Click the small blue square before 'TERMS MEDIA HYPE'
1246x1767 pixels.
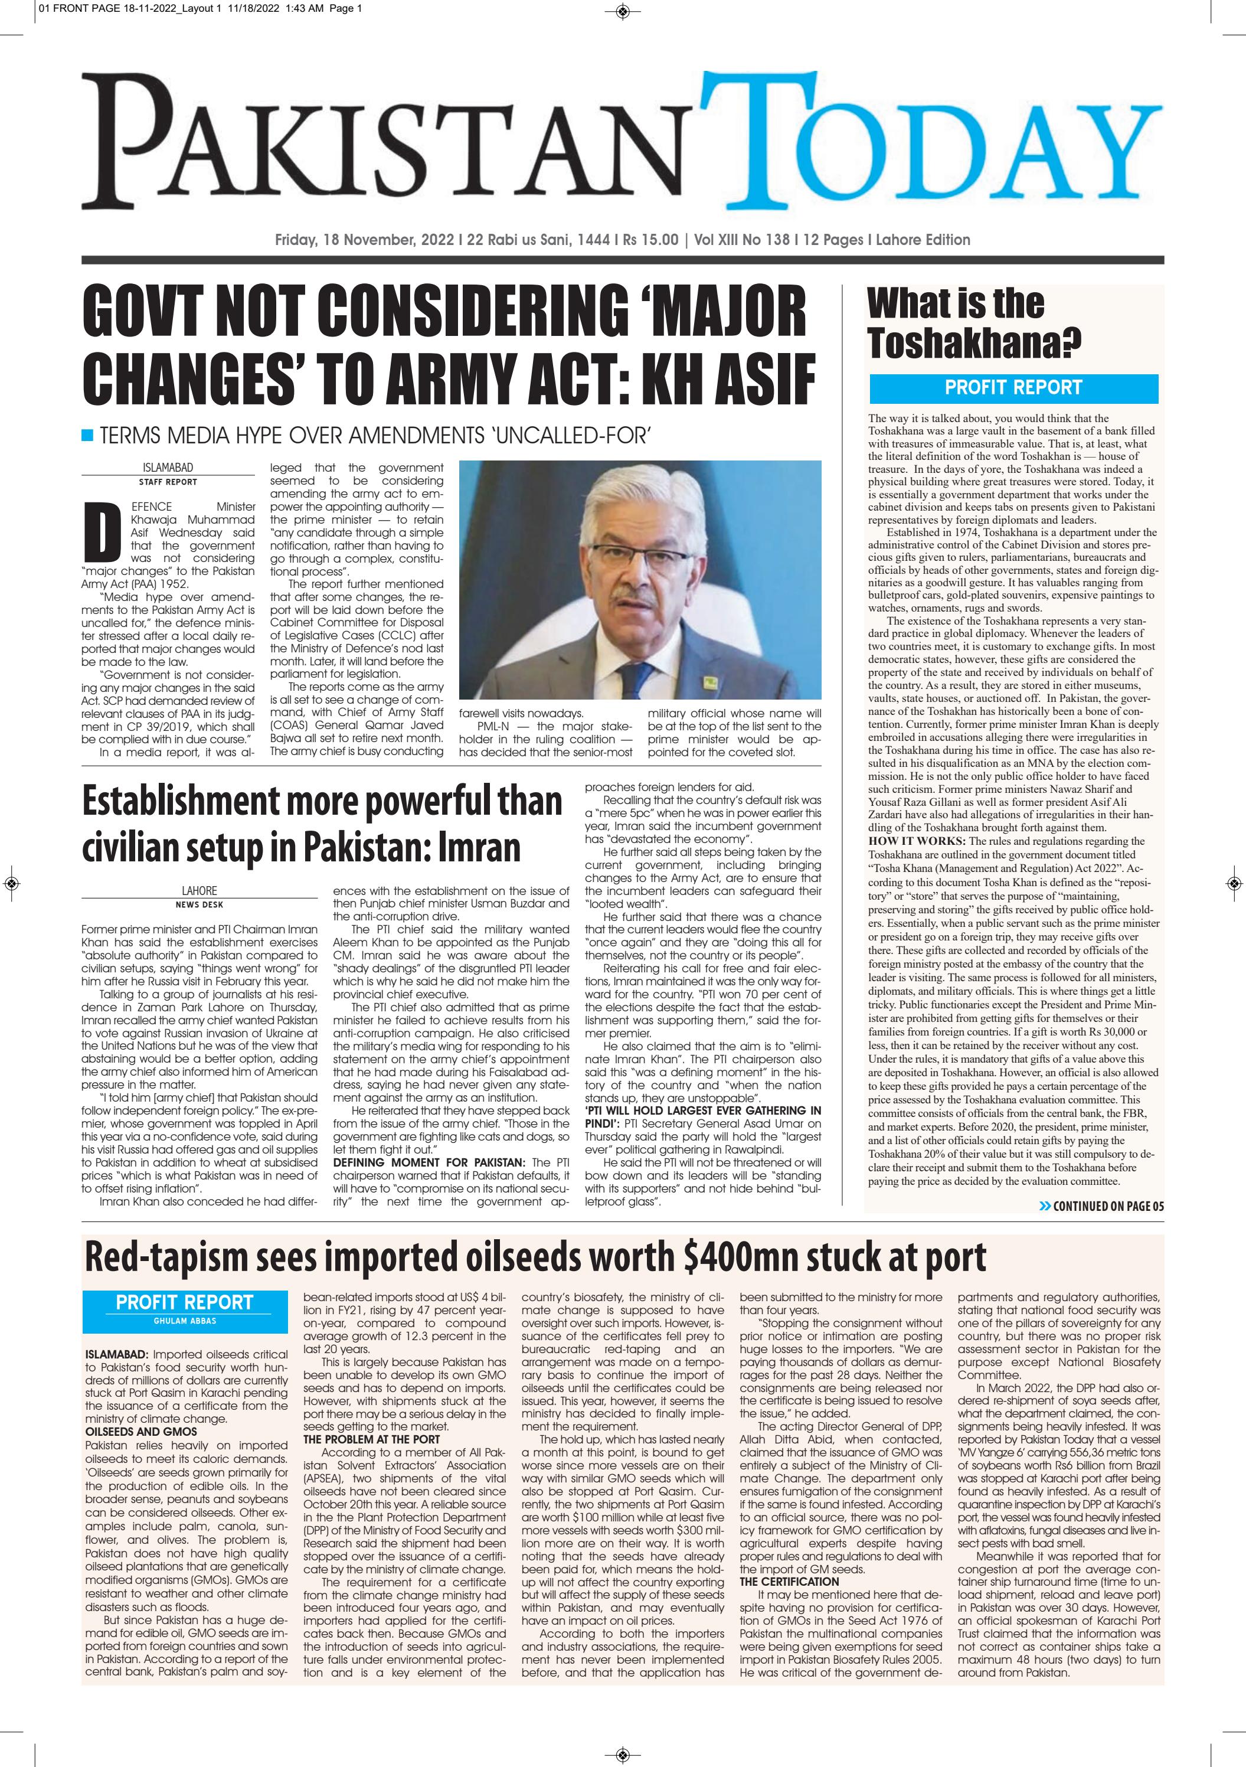[87, 436]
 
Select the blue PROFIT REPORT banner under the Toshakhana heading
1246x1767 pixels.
[1013, 387]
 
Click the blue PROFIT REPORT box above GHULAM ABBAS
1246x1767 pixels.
[184, 1302]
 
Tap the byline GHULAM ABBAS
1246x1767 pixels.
[184, 1321]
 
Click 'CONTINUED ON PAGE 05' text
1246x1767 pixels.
[1107, 1206]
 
